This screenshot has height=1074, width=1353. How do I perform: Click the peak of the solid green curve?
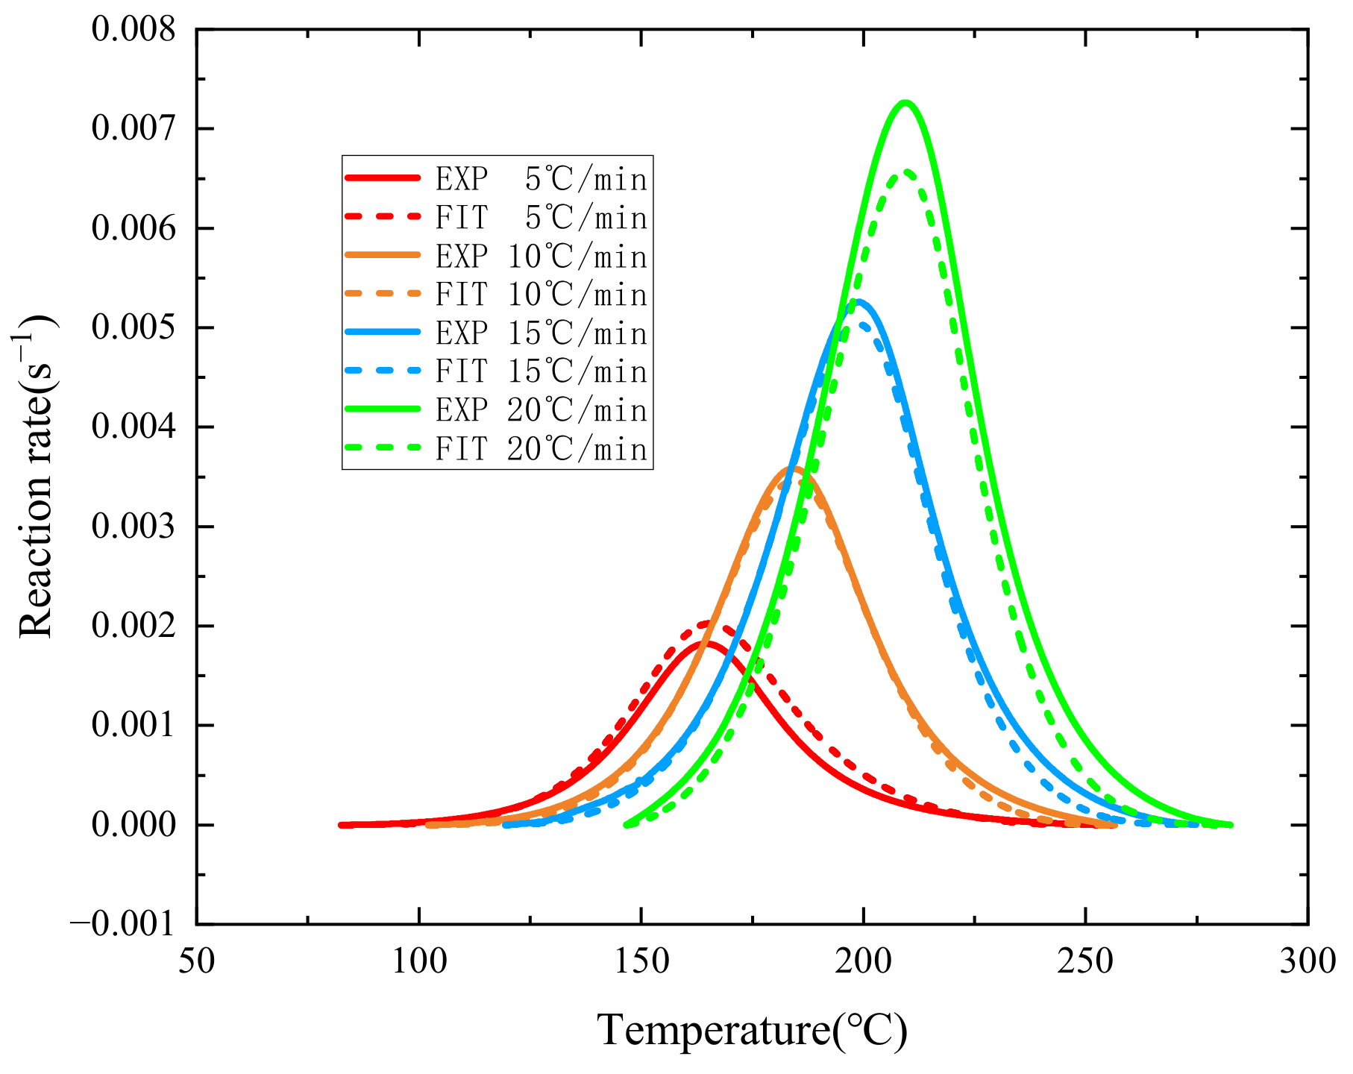pos(905,102)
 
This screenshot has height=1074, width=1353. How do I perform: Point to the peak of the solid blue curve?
pos(859,301)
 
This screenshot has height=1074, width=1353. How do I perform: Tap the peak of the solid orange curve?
pos(795,468)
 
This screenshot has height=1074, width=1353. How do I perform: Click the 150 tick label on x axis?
pos(642,962)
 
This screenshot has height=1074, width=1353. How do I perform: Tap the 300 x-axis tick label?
pos(1307,962)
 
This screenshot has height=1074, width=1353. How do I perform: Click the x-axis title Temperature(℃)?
pos(752,1031)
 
